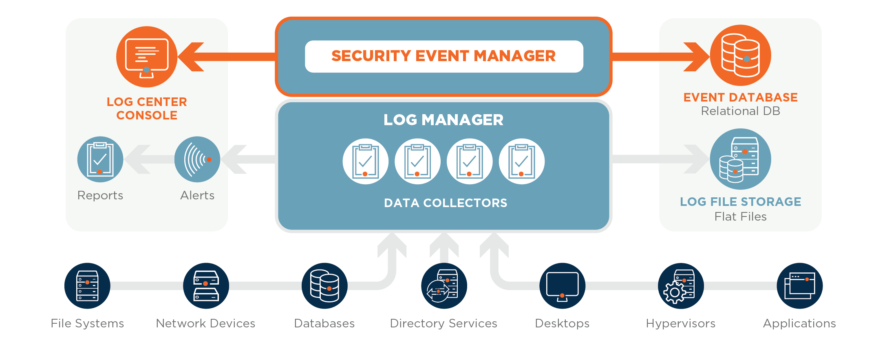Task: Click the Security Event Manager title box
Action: point(444,56)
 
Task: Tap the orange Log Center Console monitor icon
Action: point(147,57)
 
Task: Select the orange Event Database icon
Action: point(740,55)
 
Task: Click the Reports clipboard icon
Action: point(100,159)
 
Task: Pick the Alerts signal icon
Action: point(197,159)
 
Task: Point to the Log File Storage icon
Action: point(740,159)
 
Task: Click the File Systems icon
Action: point(87,286)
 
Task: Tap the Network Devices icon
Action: point(206,286)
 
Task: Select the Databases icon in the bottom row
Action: point(324,286)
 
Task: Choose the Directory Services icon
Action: point(443,286)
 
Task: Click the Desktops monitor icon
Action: point(562,286)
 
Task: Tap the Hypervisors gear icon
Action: point(681,286)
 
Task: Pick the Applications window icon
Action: point(800,286)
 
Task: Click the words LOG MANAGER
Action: point(443,120)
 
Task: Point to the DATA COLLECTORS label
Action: point(446,203)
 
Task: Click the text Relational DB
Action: point(740,111)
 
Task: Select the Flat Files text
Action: point(740,216)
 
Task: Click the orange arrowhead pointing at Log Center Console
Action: point(192,57)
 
